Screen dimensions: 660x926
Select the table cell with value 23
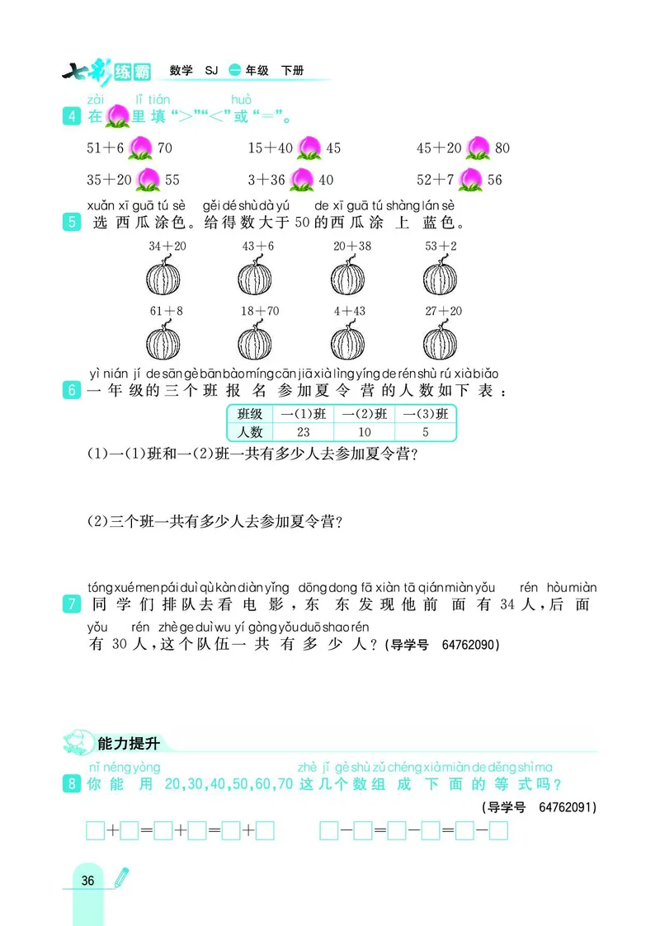tap(303, 431)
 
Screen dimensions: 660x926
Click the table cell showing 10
tap(364, 431)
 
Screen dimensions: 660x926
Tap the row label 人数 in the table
tap(250, 431)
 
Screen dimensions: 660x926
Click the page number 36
tap(88, 881)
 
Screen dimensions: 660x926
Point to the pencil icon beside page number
tap(120, 877)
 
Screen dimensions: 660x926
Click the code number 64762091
tap(566, 806)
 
